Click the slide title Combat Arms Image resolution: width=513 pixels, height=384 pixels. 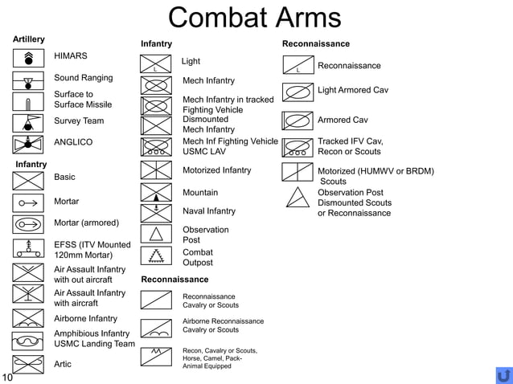click(x=255, y=18)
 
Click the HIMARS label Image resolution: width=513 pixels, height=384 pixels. click(x=71, y=56)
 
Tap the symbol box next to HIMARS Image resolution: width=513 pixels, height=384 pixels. click(x=28, y=58)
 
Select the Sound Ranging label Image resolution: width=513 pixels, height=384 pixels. click(x=83, y=78)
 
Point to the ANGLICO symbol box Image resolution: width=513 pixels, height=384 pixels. click(x=28, y=144)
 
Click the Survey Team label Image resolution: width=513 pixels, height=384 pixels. click(x=79, y=121)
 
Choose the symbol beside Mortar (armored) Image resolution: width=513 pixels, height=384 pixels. click(x=28, y=224)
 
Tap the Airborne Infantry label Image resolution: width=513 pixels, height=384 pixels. click(x=85, y=319)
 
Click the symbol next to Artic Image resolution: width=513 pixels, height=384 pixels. click(x=28, y=364)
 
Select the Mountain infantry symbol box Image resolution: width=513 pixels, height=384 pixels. click(x=156, y=193)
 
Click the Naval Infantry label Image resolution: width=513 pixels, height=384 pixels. click(x=209, y=211)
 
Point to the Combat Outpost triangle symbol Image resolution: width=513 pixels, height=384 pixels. click(x=156, y=255)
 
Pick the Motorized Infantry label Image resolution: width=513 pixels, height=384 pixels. click(x=216, y=170)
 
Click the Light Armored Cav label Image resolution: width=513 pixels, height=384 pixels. click(x=353, y=90)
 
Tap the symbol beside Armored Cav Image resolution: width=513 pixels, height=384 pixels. click(x=298, y=121)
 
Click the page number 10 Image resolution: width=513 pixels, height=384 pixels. click(x=7, y=377)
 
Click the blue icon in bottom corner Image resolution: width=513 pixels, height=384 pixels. click(x=504, y=375)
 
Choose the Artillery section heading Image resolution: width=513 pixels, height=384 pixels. click(x=29, y=39)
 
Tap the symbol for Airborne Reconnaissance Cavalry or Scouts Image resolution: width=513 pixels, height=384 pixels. click(x=156, y=328)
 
